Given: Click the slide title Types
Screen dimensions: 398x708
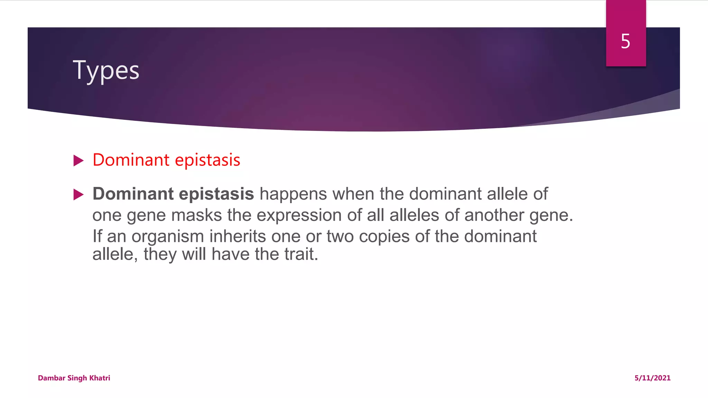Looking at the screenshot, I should pos(106,70).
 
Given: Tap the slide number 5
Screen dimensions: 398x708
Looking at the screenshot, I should pos(625,41).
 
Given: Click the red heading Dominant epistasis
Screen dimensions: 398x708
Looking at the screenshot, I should pos(166,160).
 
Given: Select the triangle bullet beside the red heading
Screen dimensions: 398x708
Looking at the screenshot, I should pos(78,161).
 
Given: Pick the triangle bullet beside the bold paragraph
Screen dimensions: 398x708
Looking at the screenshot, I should pos(78,195).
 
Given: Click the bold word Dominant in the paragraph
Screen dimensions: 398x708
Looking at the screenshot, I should pos(133,194).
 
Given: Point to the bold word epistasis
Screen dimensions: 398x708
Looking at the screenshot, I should pos(216,194).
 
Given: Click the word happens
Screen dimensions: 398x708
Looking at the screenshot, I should pos(293,194).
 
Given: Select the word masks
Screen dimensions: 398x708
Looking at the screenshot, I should pos(196,215).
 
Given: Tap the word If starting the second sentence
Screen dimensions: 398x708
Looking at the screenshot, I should pos(97,236).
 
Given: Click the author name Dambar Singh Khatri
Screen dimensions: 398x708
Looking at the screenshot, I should pos(74,378).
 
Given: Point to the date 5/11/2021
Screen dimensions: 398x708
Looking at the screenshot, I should pos(652,378).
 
